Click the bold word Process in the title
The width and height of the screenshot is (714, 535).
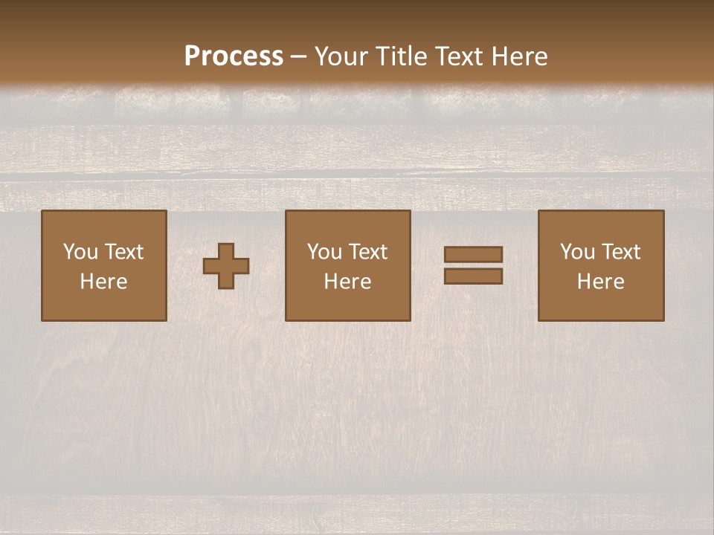pyautogui.click(x=234, y=56)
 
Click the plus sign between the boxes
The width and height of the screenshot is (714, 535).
pyautogui.click(x=227, y=265)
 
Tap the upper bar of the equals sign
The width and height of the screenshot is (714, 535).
pyautogui.click(x=473, y=255)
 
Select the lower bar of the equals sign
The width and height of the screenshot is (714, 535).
pyautogui.click(x=473, y=276)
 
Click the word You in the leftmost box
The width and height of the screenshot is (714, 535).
pyautogui.click(x=80, y=252)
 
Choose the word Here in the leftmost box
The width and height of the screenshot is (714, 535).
pyautogui.click(x=103, y=282)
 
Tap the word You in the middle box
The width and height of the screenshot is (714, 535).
pyautogui.click(x=324, y=252)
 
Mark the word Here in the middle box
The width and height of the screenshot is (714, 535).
pyautogui.click(x=347, y=282)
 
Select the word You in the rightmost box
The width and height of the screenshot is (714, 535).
pyautogui.click(x=577, y=252)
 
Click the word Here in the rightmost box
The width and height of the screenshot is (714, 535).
pyautogui.click(x=600, y=282)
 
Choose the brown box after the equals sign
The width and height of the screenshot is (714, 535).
pyautogui.click(x=601, y=305)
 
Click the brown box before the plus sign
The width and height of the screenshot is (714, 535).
pyautogui.click(x=104, y=305)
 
